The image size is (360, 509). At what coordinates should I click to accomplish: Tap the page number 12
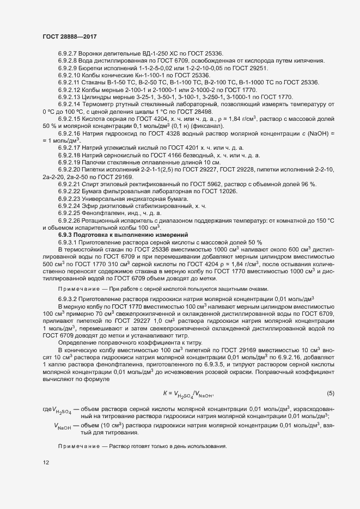[45, 463]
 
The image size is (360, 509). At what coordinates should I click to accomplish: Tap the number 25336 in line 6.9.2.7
[212, 53]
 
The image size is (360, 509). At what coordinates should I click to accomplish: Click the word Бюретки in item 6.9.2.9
[93, 68]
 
